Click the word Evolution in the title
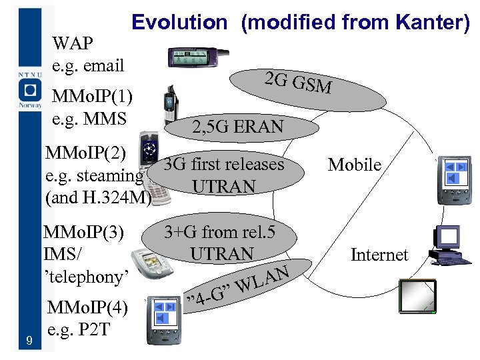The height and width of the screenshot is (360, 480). point(179,22)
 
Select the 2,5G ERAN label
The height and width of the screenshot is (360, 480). point(237,127)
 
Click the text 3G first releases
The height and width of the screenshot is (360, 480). point(224,164)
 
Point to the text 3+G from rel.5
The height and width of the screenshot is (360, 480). point(220,232)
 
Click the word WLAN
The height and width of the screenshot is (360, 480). point(263,279)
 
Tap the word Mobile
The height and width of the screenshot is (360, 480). point(355,165)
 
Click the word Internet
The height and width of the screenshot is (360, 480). point(379,255)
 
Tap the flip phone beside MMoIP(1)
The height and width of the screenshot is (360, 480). point(171,103)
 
